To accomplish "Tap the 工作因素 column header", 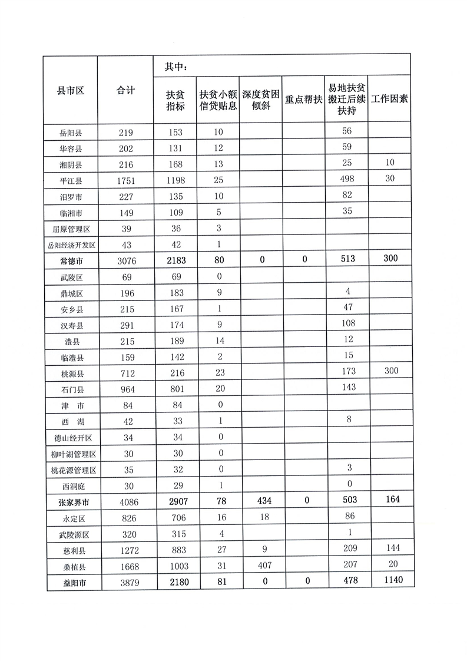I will [x=389, y=99].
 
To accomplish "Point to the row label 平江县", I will [x=71, y=180].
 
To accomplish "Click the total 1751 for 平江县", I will [x=126, y=180].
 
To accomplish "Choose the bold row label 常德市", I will [x=71, y=260].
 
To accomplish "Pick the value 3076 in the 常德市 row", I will [x=126, y=260].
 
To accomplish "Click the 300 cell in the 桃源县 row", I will [x=389, y=371].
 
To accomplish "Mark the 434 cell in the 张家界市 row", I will [x=260, y=500].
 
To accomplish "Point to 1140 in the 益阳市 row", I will [x=389, y=582].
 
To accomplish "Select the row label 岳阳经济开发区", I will [x=71, y=244].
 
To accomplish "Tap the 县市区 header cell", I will [x=71, y=90].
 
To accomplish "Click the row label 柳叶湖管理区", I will [x=71, y=454].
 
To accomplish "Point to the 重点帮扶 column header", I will [x=303, y=100].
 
